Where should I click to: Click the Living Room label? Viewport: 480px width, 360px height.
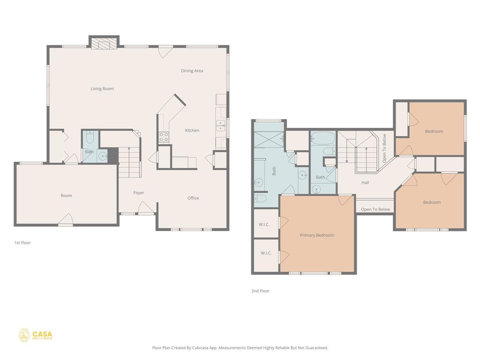tap(102, 89)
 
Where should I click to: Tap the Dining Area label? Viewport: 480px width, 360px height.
tap(192, 71)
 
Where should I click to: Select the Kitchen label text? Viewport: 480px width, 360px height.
tap(192, 130)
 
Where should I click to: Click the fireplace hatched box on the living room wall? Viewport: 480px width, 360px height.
tap(104, 43)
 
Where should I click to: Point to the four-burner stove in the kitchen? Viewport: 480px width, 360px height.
tap(164, 137)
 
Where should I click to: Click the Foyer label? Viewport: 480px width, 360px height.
tap(139, 193)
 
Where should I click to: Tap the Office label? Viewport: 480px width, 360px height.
tap(193, 198)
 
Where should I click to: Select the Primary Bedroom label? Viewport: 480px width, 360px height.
tap(317, 235)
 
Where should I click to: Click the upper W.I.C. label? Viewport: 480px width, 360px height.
tap(264, 225)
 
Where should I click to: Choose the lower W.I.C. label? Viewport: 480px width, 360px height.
tap(266, 253)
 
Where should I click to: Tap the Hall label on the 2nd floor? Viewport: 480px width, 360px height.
tap(365, 182)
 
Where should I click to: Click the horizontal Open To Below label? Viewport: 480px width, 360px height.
tap(375, 210)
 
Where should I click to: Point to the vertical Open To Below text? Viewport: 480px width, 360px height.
tap(384, 148)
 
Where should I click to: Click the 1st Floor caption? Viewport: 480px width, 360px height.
tap(22, 243)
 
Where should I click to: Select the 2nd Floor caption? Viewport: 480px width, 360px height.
tap(260, 291)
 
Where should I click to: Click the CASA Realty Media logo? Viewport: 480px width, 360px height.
tap(35, 336)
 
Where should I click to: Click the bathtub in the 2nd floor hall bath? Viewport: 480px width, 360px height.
tap(323, 138)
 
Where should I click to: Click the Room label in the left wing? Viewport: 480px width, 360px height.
tap(66, 195)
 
